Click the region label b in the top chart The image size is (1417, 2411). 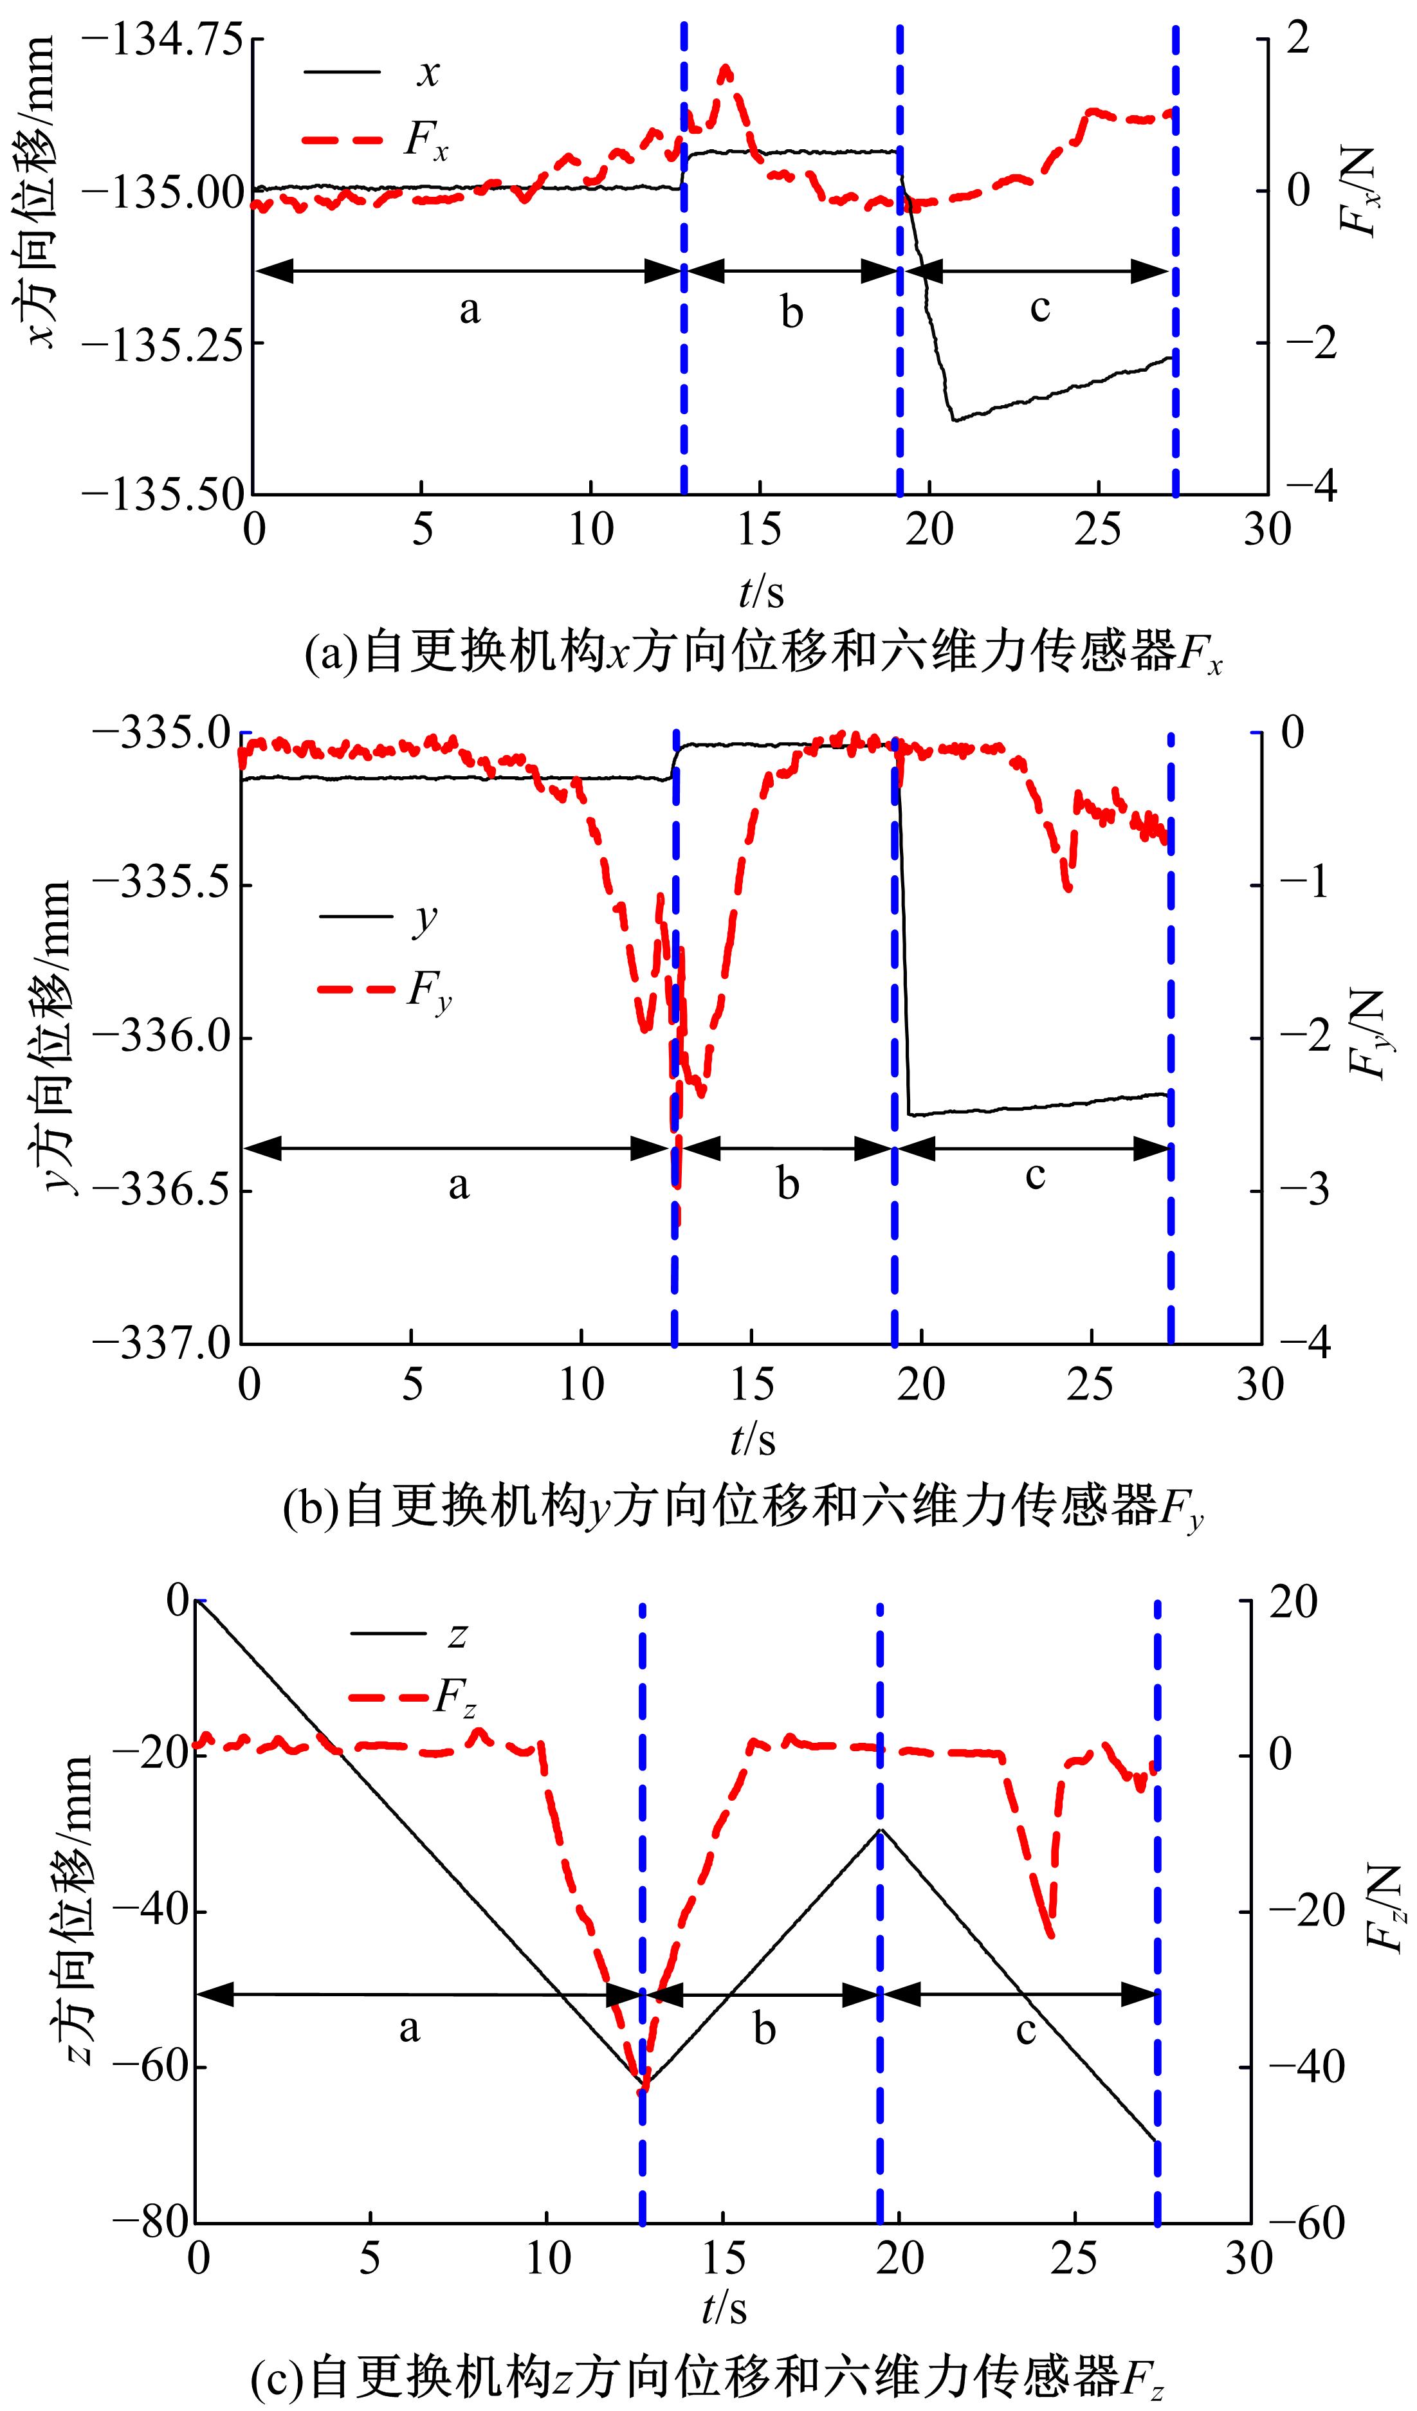pos(791,313)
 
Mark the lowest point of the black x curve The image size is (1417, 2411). pos(954,419)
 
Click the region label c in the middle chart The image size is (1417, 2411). pos(1034,1175)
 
